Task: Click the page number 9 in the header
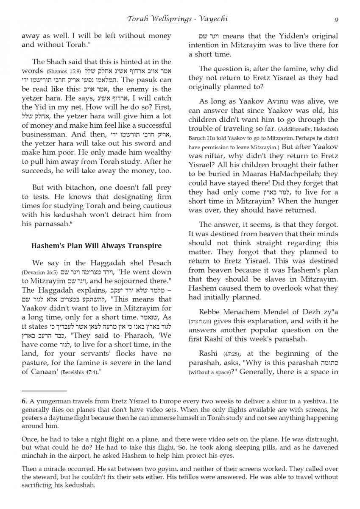tap(336, 19)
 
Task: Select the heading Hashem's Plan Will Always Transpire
tap(97, 246)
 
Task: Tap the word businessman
tap(45, 134)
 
